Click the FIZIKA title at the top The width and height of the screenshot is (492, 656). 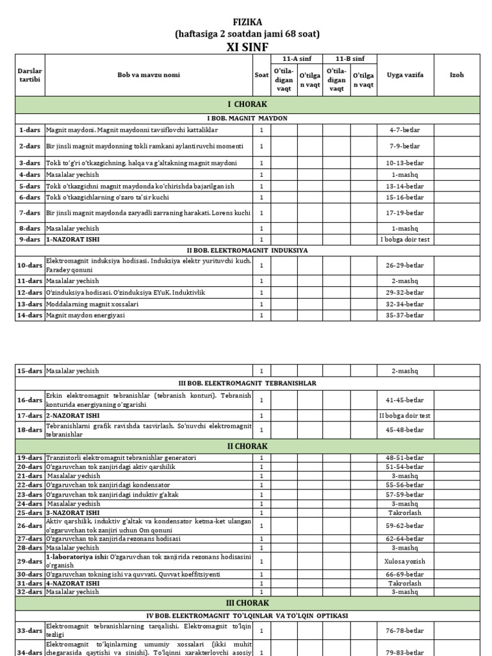pos(247,21)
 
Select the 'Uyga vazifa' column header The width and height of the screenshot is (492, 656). pos(405,75)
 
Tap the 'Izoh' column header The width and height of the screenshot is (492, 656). pos(456,75)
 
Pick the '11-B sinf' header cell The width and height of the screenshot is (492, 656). pos(336,59)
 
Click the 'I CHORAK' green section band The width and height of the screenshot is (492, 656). pos(247,104)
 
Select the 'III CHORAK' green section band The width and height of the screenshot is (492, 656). pos(247,603)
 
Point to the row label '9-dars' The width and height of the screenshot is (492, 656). pos(29,239)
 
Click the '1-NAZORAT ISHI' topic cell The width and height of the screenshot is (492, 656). pos(72,239)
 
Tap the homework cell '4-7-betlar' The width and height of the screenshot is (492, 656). pos(405,130)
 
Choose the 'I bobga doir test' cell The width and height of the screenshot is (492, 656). pos(405,239)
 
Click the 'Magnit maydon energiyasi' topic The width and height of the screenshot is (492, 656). pos(85,315)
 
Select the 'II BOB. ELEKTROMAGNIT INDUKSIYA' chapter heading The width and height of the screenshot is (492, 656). pos(247,250)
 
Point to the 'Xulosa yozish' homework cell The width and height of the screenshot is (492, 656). pos(405,561)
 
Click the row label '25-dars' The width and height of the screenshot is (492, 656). pos(29,513)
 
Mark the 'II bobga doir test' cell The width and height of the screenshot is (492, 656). pos(405,415)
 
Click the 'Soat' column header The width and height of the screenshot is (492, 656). pos(261,75)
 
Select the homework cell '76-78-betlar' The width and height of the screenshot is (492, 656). pos(405,630)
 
